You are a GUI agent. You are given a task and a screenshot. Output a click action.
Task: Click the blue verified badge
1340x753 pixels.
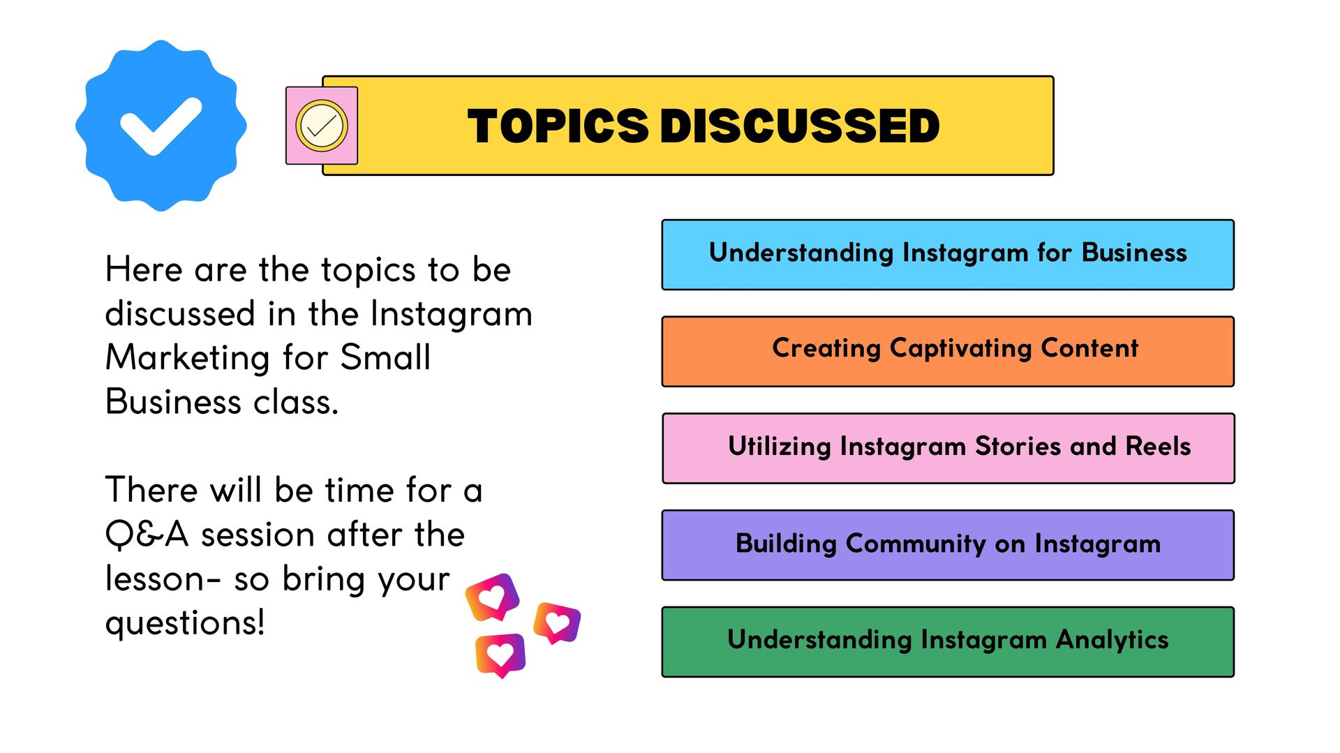click(x=161, y=126)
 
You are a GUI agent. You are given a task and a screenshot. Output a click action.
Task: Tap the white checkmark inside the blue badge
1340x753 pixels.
click(x=161, y=126)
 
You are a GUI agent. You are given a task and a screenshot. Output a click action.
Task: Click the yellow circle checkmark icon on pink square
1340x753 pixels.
click(x=322, y=126)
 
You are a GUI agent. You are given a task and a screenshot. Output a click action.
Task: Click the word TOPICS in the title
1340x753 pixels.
click(x=558, y=126)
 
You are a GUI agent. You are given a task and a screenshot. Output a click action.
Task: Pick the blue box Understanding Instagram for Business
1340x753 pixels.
click(x=948, y=255)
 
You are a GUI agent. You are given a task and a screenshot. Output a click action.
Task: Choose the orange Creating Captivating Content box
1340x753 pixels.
click(x=948, y=352)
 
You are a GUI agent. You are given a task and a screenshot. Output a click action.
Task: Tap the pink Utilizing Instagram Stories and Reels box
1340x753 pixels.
click(x=948, y=448)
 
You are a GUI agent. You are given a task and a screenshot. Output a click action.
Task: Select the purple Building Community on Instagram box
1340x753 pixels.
click(x=948, y=545)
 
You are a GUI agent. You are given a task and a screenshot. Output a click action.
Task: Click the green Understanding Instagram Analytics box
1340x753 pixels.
click(x=948, y=642)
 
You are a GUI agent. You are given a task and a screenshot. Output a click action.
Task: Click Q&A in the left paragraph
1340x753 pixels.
click(x=147, y=535)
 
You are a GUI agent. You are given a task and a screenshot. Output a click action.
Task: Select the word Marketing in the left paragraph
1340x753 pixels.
click(x=187, y=359)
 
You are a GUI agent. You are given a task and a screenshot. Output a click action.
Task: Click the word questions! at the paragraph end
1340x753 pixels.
click(x=185, y=623)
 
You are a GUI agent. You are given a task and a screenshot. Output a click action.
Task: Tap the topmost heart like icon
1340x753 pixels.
click(x=493, y=597)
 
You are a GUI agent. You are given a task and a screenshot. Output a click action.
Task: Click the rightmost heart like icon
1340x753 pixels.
click(x=557, y=622)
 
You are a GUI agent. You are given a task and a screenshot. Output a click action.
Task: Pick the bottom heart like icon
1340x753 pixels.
click(x=500, y=655)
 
